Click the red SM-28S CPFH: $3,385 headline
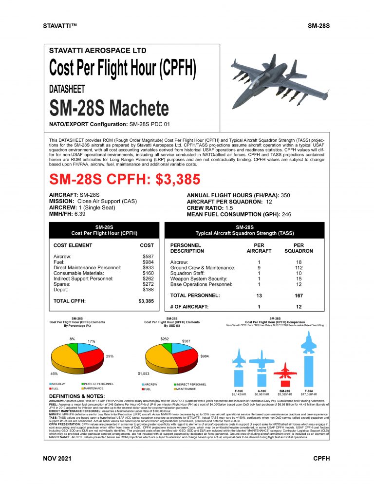click(x=125, y=179)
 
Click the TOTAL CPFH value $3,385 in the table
click(x=146, y=301)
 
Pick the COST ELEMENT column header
click(x=73, y=245)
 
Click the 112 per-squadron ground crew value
click(x=299, y=267)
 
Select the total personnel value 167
click(x=299, y=296)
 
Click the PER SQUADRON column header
click(x=299, y=248)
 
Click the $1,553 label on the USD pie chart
click(x=144, y=373)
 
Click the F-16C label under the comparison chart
click(x=239, y=391)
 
